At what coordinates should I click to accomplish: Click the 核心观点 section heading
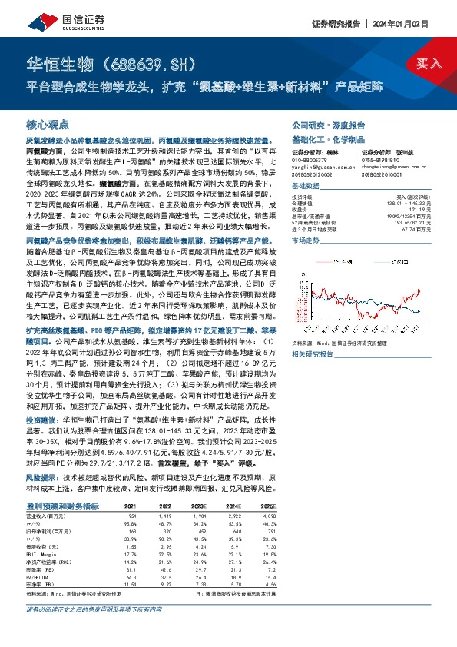[48, 124]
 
